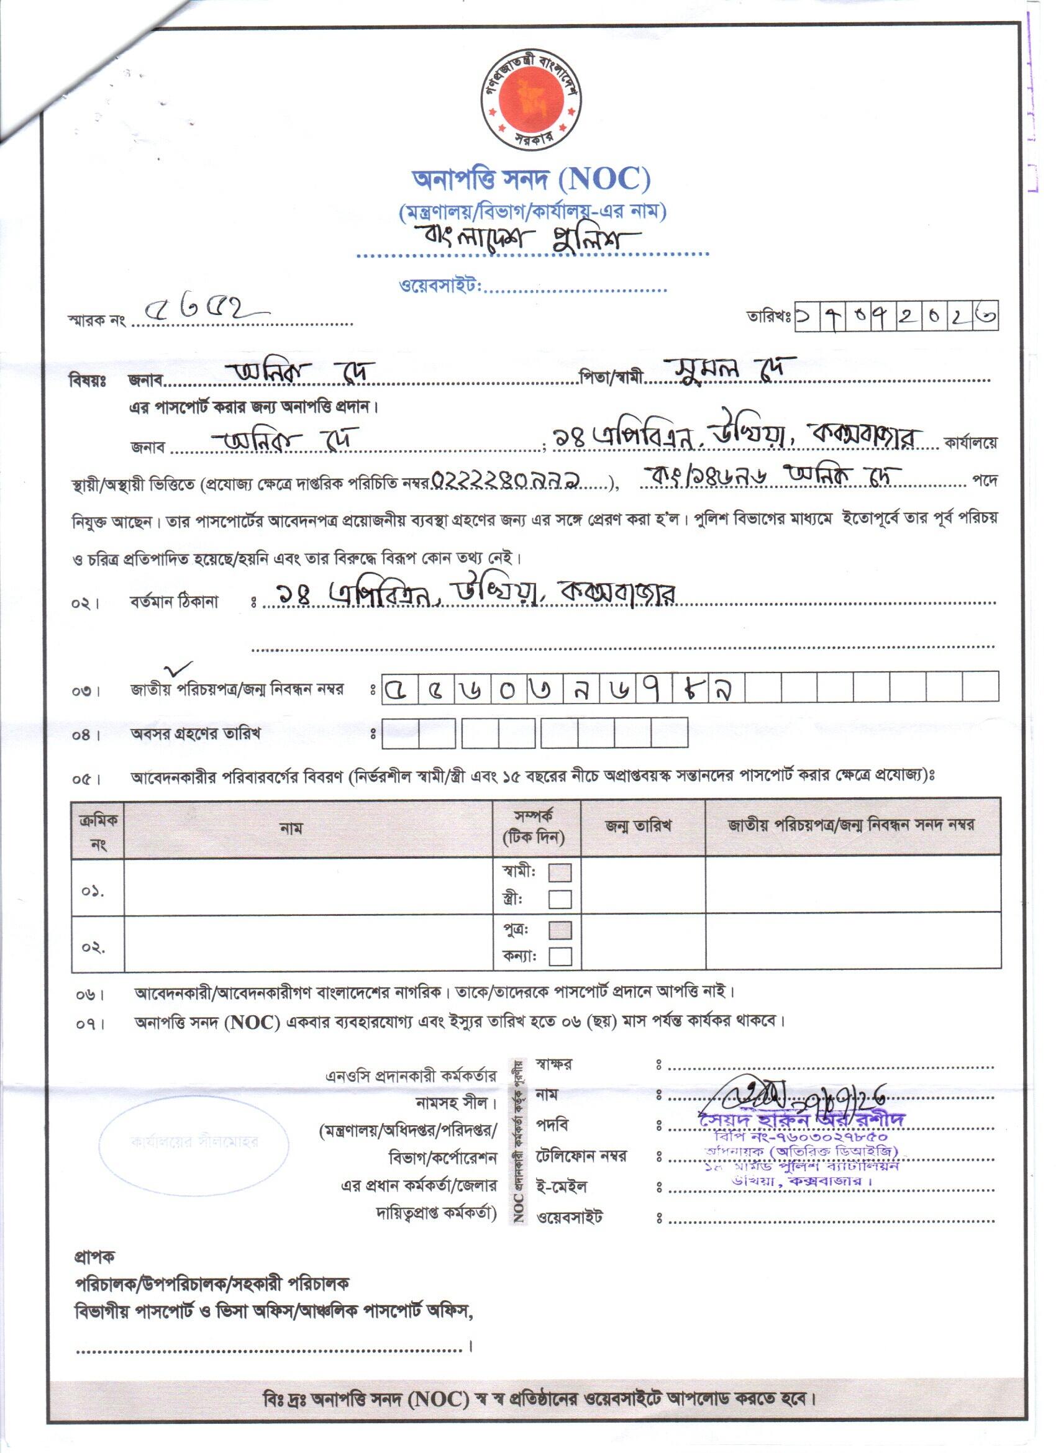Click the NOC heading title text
(x=531, y=179)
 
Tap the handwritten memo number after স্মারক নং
(x=202, y=312)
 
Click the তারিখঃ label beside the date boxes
(x=768, y=317)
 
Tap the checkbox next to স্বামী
(x=560, y=872)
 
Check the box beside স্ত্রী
(x=560, y=900)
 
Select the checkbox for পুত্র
(x=560, y=930)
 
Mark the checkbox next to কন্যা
(x=560, y=956)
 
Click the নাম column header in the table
(x=291, y=828)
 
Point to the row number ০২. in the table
(x=94, y=947)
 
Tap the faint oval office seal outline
(x=194, y=1142)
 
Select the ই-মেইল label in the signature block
(x=561, y=1187)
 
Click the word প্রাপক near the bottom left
(x=94, y=1257)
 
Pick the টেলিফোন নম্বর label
(x=581, y=1156)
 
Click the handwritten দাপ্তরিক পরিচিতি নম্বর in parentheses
(x=507, y=480)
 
